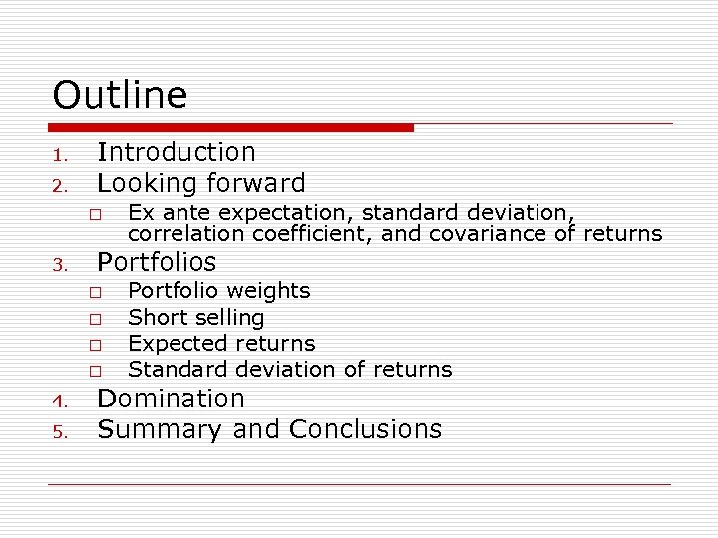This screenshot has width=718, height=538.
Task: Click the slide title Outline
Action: [120, 96]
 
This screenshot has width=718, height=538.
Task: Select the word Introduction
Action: [176, 152]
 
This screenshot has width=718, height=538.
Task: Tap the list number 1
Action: [59, 155]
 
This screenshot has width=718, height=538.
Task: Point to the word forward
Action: [256, 183]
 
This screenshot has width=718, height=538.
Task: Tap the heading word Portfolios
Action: [156, 262]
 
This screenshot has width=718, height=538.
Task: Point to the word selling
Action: [231, 318]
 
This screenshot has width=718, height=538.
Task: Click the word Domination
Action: [171, 399]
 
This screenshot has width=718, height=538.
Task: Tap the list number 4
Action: [59, 402]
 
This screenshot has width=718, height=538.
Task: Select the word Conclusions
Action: [365, 429]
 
